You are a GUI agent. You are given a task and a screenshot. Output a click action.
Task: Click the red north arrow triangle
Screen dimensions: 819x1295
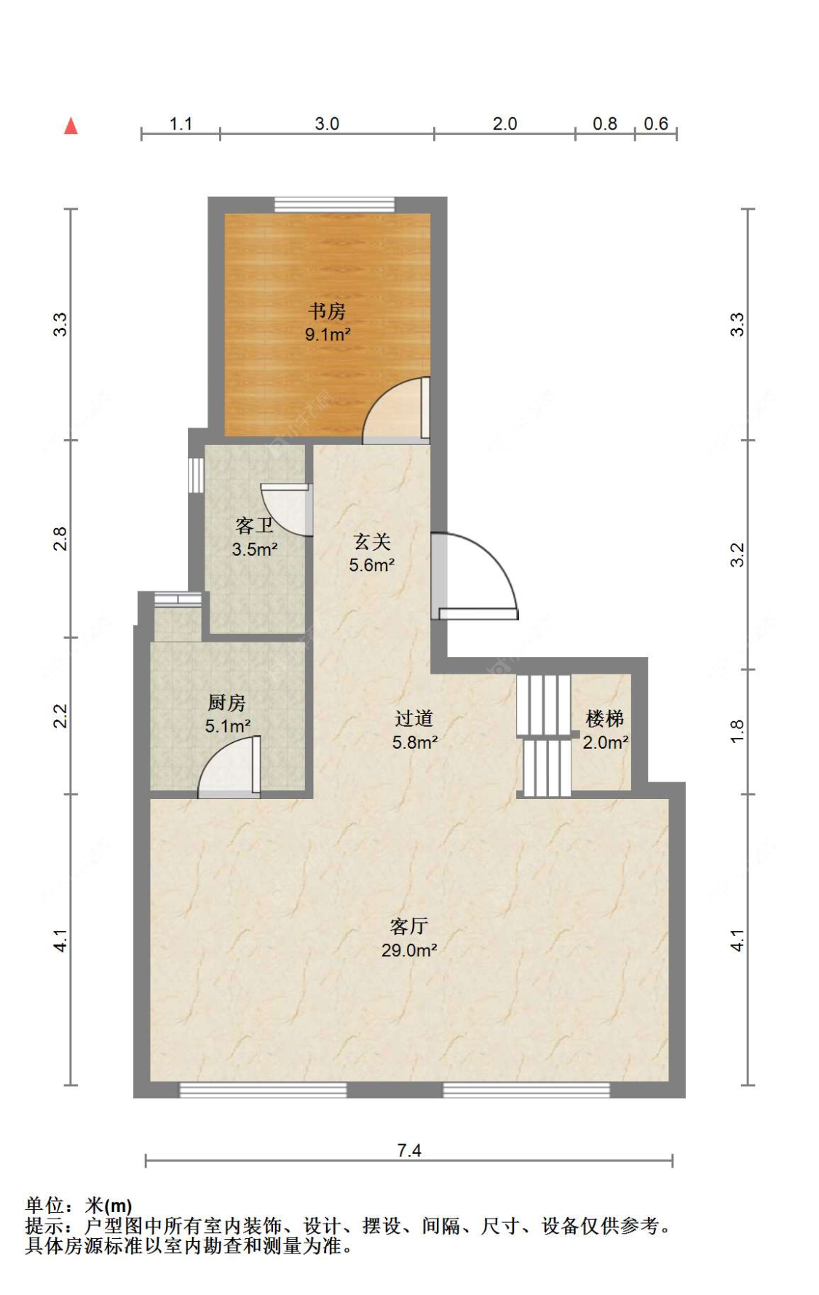[71, 126]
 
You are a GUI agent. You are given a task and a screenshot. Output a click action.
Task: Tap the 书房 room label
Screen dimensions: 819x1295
[327, 311]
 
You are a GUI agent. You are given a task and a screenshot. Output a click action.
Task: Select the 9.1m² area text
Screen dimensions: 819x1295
[328, 335]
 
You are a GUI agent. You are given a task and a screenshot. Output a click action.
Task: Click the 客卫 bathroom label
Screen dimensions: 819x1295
[255, 525]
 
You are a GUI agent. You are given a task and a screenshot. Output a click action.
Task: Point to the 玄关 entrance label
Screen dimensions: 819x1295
[372, 541]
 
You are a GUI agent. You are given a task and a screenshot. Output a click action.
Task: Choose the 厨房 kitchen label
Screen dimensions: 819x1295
[227, 703]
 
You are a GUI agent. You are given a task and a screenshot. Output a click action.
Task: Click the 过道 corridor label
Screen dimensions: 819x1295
[414, 719]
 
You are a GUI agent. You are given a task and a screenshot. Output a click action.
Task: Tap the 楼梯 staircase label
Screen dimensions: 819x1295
[605, 719]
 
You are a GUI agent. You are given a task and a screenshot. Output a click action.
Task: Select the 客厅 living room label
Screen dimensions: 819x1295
[408, 926]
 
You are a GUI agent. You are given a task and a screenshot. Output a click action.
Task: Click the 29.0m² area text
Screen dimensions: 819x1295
[409, 950]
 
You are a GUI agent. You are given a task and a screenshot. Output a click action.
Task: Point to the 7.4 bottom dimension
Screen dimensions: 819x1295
[409, 1150]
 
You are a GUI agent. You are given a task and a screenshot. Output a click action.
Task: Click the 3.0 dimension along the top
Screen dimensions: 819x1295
[327, 124]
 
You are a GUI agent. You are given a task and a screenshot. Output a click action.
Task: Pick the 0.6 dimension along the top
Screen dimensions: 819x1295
[656, 124]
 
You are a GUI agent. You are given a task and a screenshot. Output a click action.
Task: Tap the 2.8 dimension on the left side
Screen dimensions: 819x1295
[60, 539]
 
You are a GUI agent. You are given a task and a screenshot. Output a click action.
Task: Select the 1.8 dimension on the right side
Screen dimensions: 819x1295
[737, 731]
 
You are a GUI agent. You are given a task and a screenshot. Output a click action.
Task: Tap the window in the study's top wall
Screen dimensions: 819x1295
[335, 205]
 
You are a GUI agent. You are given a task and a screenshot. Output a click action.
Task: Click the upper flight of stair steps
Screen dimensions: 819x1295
[544, 705]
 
